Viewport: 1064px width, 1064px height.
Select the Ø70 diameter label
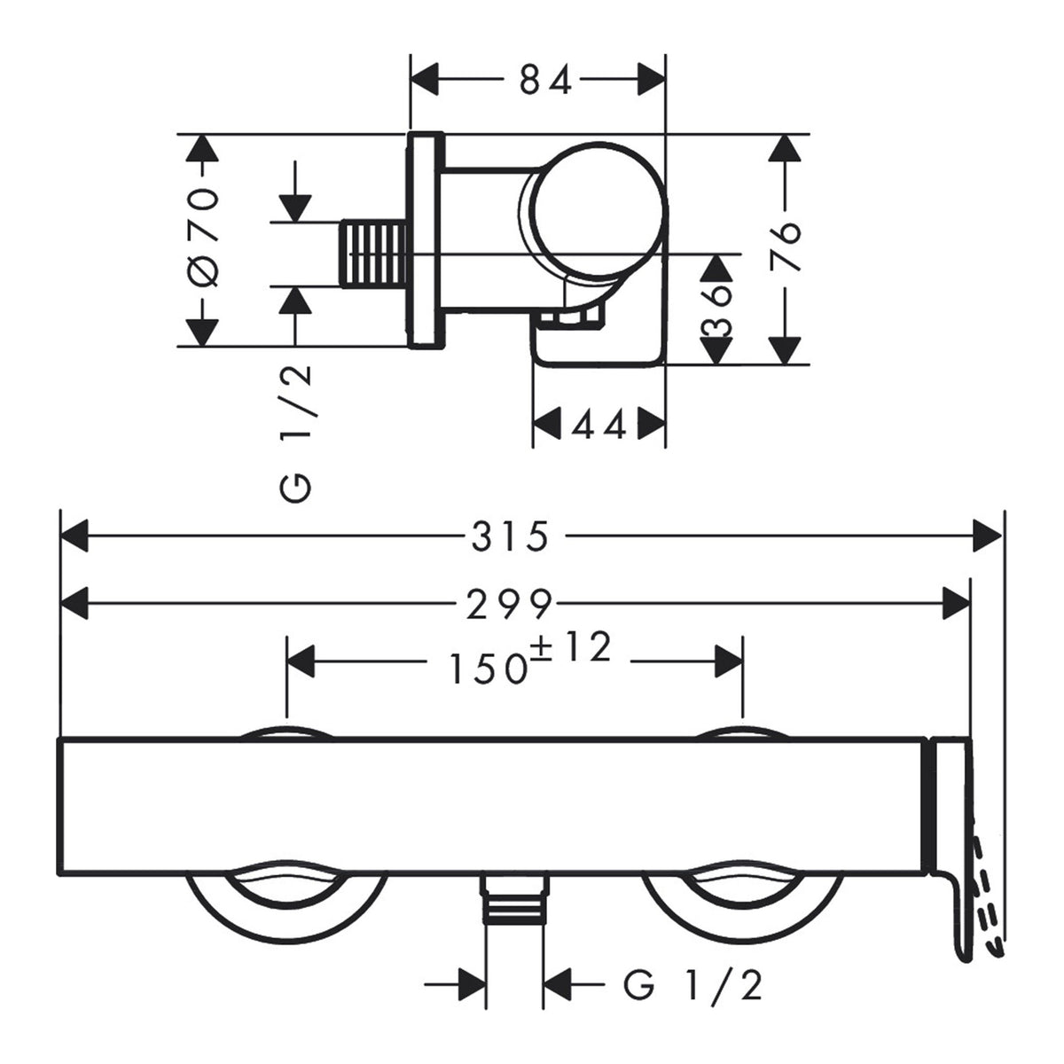pyautogui.click(x=204, y=238)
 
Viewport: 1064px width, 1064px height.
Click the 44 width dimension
pyautogui.click(x=598, y=426)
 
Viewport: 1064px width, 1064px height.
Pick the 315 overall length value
pyautogui.click(x=510, y=536)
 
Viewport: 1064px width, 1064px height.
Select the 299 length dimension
pyautogui.click(x=509, y=604)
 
